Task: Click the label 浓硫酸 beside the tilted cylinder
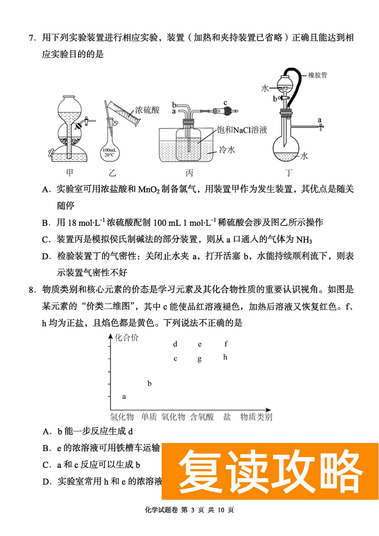tap(147, 110)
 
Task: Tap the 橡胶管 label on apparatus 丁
tap(318, 75)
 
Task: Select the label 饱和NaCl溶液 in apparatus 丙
tap(242, 130)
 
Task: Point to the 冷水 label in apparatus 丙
tap(227, 150)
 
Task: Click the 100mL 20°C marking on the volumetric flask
tap(110, 153)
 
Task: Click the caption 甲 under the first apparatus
tap(70, 173)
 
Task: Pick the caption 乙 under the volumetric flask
tap(112, 173)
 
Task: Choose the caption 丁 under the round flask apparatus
tap(289, 173)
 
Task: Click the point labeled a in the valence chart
tap(124, 397)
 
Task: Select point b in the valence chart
tap(149, 383)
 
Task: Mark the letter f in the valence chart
tap(226, 344)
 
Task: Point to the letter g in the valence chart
tap(199, 359)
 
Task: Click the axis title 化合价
tap(127, 338)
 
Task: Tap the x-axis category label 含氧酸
tap(202, 417)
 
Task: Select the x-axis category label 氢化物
tap(122, 417)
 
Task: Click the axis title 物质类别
tap(256, 417)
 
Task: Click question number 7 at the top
tap(32, 38)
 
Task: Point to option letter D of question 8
tap(47, 482)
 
